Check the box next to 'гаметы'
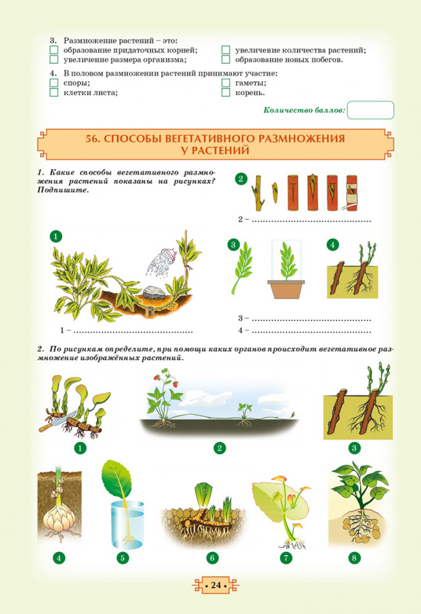click(226, 83)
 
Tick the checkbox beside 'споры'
click(54, 83)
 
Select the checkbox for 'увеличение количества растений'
click(226, 50)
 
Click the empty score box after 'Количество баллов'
click(371, 110)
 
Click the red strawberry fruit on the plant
click(157, 378)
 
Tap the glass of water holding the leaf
click(127, 524)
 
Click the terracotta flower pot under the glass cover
click(286, 289)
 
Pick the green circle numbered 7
click(286, 558)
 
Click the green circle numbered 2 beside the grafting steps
click(241, 179)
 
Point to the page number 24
click(216, 585)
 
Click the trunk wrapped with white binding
click(352, 193)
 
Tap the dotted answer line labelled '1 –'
click(133, 332)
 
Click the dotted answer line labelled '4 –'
click(311, 332)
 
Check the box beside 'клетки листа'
click(54, 93)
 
